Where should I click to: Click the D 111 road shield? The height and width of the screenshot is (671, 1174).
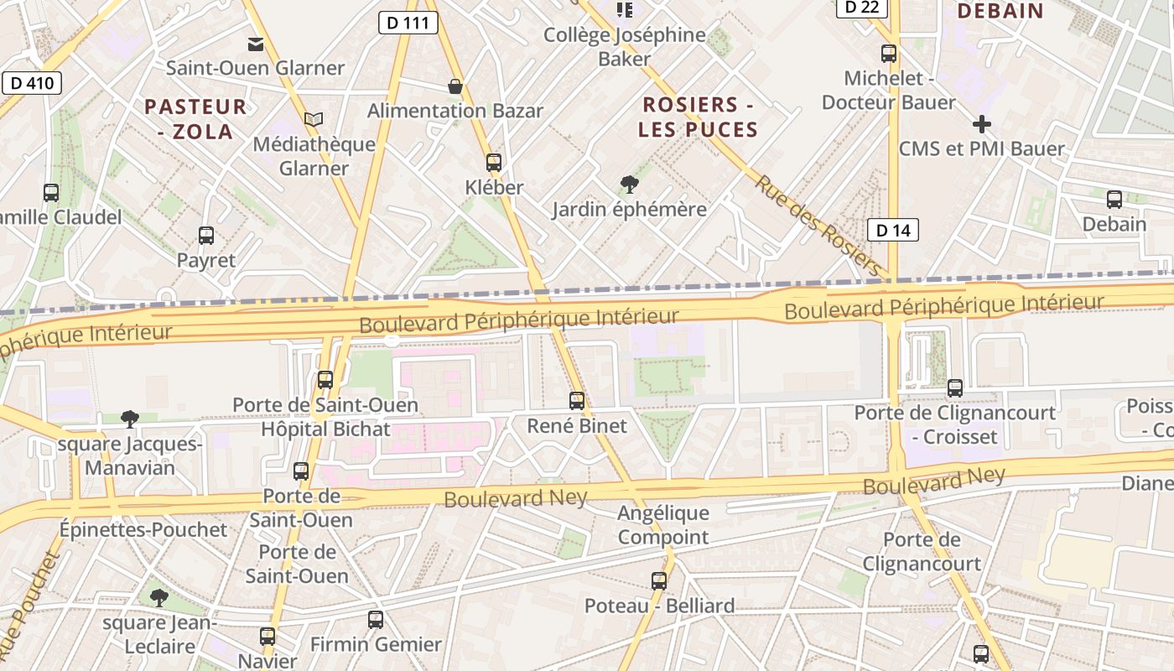(408, 23)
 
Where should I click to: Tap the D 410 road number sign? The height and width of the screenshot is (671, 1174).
(31, 82)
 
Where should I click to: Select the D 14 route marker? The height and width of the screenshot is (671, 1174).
(892, 230)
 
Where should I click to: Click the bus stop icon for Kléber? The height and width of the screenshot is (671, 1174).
(494, 163)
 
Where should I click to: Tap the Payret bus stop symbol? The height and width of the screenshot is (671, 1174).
(206, 236)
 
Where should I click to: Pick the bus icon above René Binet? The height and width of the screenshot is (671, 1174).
(577, 401)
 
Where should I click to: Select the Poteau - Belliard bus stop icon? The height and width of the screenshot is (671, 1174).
(659, 580)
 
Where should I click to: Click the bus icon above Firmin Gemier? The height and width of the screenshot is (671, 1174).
(376, 620)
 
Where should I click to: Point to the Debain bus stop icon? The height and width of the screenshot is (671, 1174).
(1114, 200)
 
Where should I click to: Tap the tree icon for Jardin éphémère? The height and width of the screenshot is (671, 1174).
(629, 185)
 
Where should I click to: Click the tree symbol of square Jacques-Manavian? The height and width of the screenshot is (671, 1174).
(129, 419)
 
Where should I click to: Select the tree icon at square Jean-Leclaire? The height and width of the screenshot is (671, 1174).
(159, 598)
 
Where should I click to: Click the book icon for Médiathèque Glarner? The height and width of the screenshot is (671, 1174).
(314, 120)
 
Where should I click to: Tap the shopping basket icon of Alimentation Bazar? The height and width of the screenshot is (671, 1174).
(455, 86)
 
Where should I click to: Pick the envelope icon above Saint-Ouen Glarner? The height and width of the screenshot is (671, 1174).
(255, 44)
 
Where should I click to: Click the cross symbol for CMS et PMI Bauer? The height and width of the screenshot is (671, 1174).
(981, 125)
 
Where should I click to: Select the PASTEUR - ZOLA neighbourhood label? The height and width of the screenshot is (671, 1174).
(195, 119)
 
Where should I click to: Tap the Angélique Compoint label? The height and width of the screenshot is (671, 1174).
(663, 525)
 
